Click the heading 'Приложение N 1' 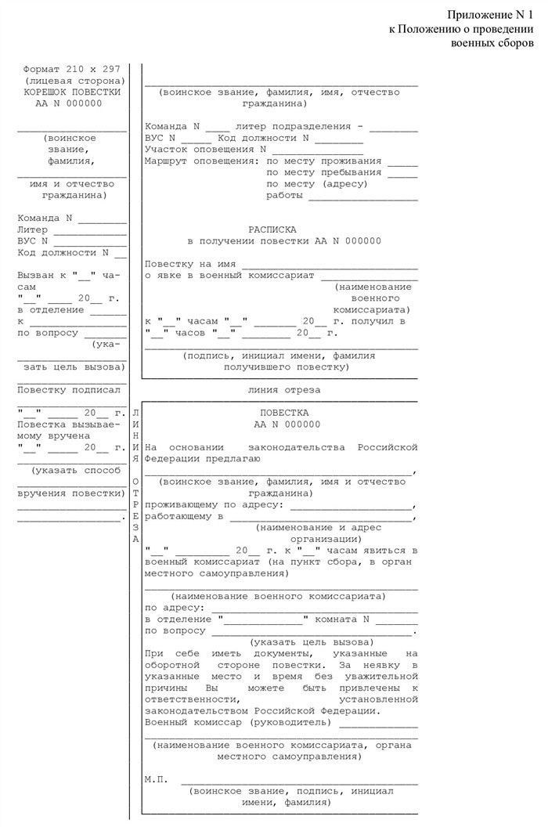click(x=490, y=16)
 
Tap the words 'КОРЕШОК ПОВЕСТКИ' click(x=73, y=92)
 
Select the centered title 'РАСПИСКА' click(x=272, y=229)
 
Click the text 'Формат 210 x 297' click(x=72, y=69)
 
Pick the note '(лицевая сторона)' click(x=73, y=81)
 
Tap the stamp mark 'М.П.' click(x=157, y=780)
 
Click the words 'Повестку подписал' click(x=69, y=389)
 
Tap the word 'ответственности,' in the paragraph click(x=191, y=699)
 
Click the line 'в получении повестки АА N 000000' click(x=283, y=241)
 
